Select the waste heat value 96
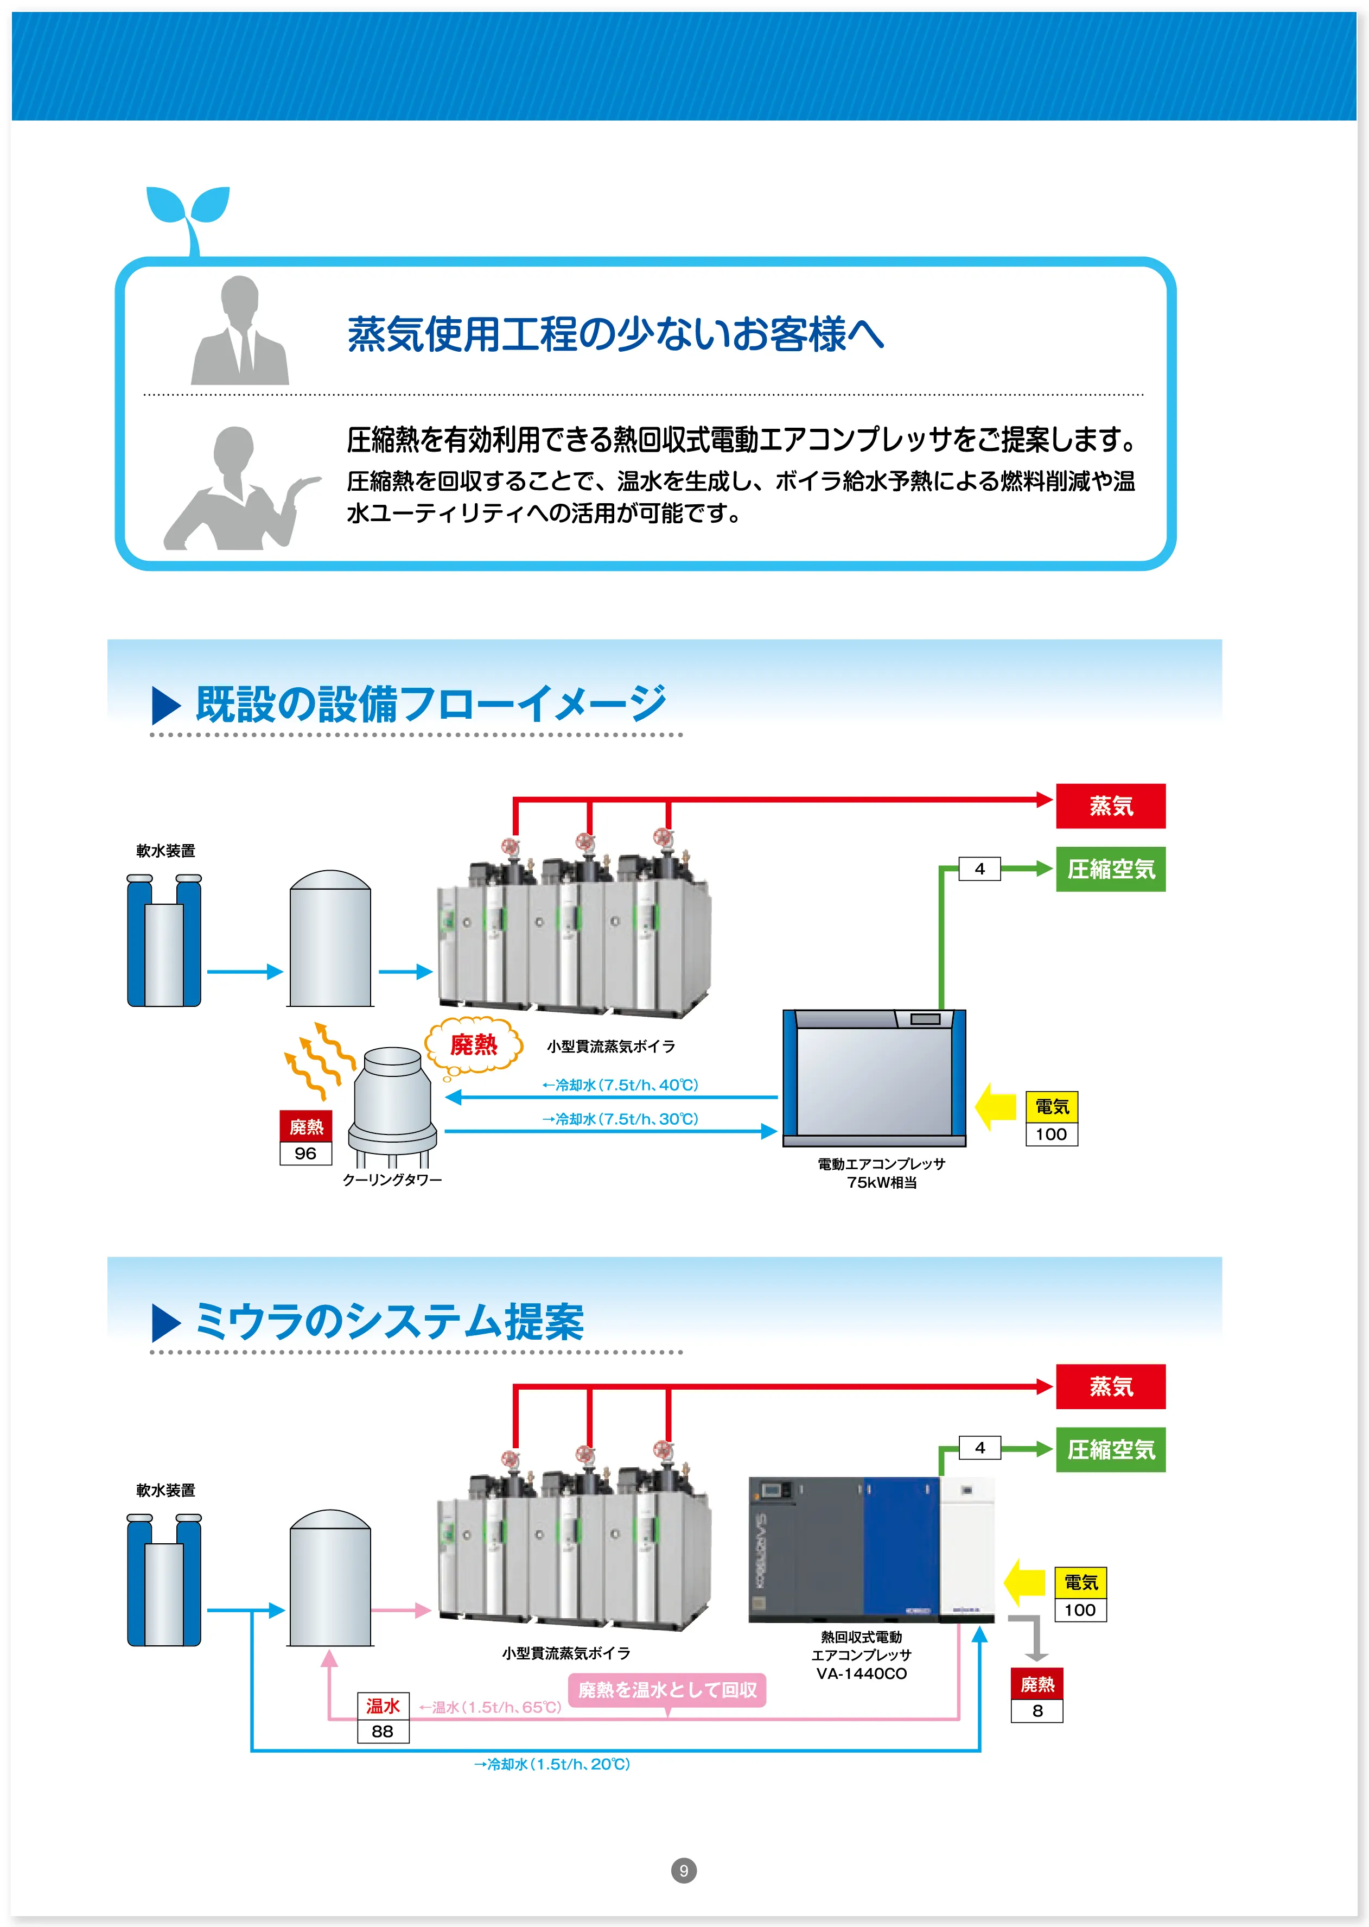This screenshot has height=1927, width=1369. pos(305,1153)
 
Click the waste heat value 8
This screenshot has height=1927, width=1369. pos(1037,1710)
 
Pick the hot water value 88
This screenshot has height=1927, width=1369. pos(382,1731)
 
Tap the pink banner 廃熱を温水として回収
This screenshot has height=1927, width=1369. pos(667,1689)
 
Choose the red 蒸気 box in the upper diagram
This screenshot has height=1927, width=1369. pos(1110,806)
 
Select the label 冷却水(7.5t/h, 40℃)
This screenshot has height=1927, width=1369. pos(620,1085)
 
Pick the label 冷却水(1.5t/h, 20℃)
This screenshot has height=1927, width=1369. pos(552,1764)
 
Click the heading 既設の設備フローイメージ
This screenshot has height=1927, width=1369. pos(430,704)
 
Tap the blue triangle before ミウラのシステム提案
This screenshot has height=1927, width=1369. pos(166,1322)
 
